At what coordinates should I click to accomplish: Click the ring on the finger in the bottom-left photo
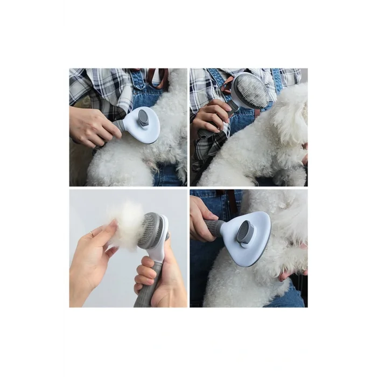[x=93, y=233]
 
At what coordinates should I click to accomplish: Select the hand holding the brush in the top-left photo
[x=92, y=126]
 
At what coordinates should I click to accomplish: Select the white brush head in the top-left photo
[x=141, y=125]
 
